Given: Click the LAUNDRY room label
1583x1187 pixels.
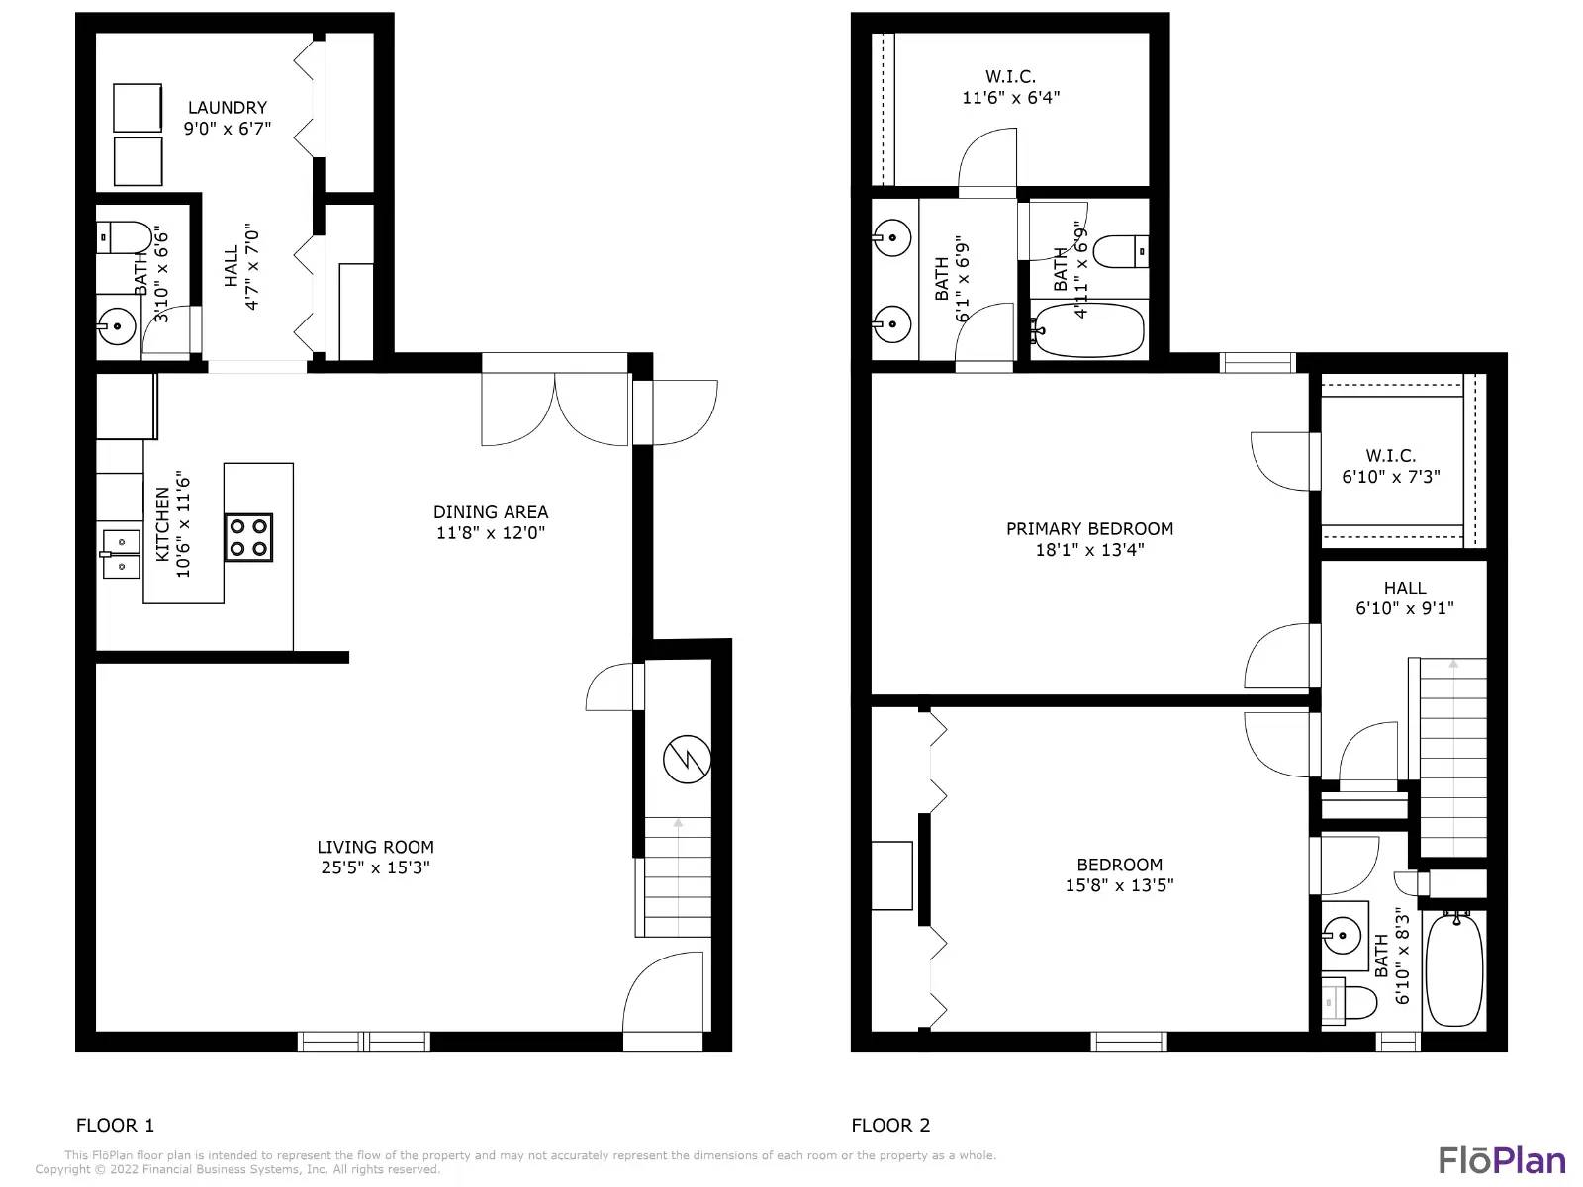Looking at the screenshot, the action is point(228,108).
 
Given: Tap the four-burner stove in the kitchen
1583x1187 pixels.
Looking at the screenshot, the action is point(248,538).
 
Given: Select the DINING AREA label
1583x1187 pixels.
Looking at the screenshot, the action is point(491,512).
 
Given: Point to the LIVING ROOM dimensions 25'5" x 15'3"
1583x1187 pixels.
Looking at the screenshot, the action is point(375,867).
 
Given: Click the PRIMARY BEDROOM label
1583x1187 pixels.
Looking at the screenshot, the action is point(1089,529).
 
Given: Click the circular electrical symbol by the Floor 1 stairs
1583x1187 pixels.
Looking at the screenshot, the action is point(687,759).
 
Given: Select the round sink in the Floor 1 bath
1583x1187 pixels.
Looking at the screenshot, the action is point(117,327).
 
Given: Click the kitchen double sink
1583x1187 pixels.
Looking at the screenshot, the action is point(121,554).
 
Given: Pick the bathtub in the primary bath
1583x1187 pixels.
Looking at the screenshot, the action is point(1088,330).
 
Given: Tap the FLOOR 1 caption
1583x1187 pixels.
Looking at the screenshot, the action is point(116,1125).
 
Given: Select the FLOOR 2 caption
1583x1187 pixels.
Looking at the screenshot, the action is point(890,1125).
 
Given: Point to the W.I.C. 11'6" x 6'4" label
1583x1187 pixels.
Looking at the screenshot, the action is point(1010,87).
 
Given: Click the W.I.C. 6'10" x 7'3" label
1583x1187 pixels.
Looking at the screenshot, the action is point(1390,466).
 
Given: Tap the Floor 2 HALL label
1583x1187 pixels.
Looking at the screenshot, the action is point(1405,589).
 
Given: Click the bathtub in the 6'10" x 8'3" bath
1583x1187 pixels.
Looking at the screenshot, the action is point(1454,969).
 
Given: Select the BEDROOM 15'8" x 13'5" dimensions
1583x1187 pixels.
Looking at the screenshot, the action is point(1119,885).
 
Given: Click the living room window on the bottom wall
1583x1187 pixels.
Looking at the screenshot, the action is point(363,1042).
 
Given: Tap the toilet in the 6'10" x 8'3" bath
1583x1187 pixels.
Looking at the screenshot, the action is point(1340,1001).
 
